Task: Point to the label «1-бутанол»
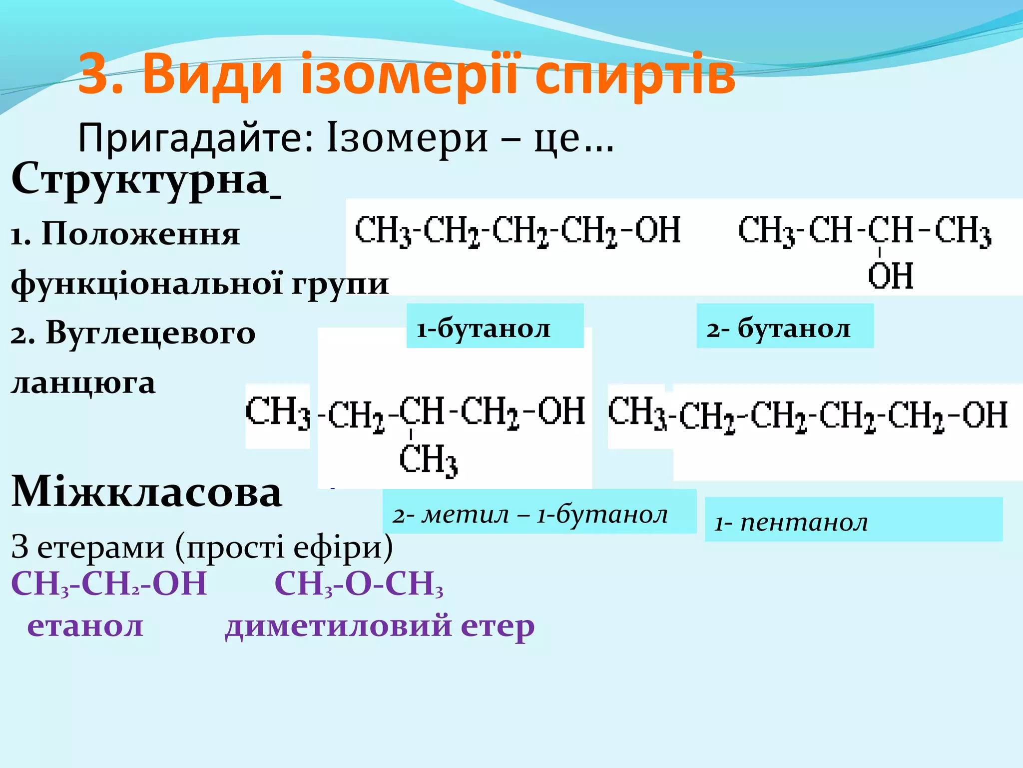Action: [484, 329]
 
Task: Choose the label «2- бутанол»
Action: [778, 329]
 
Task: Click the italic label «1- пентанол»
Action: [791, 523]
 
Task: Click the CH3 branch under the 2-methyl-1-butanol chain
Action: [429, 460]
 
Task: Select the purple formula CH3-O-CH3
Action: [359, 584]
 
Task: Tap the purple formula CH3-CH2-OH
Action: [109, 584]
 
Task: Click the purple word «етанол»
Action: [85, 626]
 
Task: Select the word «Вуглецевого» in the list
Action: [150, 333]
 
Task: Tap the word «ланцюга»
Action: [83, 384]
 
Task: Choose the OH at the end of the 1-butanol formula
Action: [658, 230]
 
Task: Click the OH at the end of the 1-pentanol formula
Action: [985, 415]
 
